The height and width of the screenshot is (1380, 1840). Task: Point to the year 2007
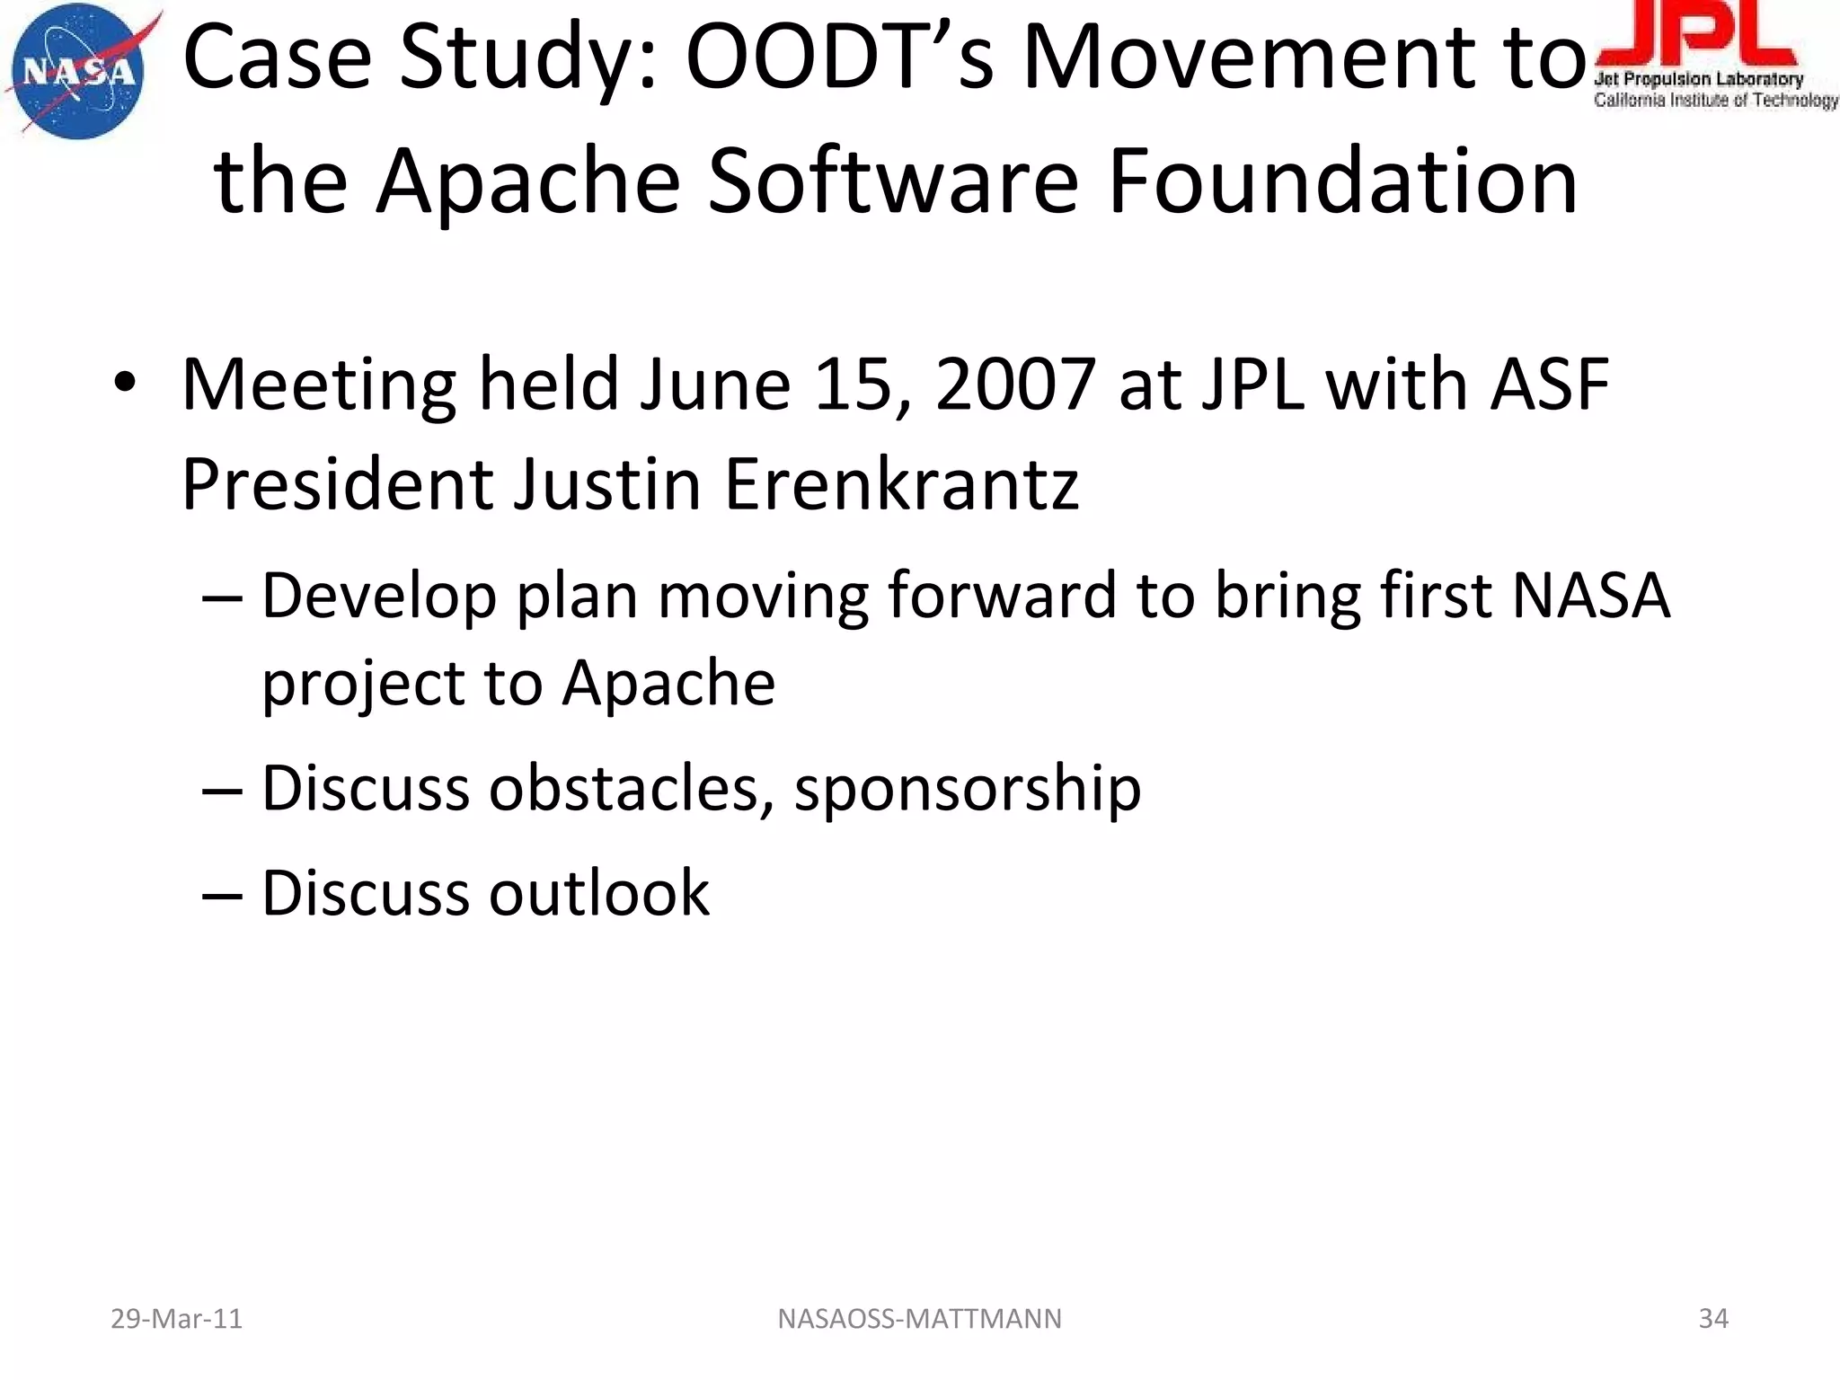click(x=1014, y=385)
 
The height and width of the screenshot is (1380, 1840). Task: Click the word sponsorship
click(x=967, y=789)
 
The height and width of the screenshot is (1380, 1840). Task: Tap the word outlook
click(x=598, y=893)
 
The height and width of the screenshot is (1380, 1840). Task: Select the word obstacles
click(x=632, y=789)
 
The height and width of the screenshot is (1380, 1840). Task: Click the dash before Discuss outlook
click(x=222, y=895)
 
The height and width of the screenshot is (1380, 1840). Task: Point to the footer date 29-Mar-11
click(x=176, y=1319)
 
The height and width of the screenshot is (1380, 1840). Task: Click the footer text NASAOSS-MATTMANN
click(x=919, y=1319)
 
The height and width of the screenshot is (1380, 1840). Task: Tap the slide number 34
click(x=1713, y=1319)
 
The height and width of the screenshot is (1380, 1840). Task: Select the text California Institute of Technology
click(x=1715, y=101)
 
